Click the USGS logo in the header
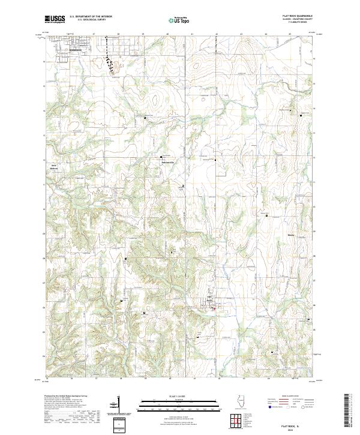(x=55, y=20)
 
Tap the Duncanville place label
(x=168, y=163)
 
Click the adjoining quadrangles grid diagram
(x=236, y=421)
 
